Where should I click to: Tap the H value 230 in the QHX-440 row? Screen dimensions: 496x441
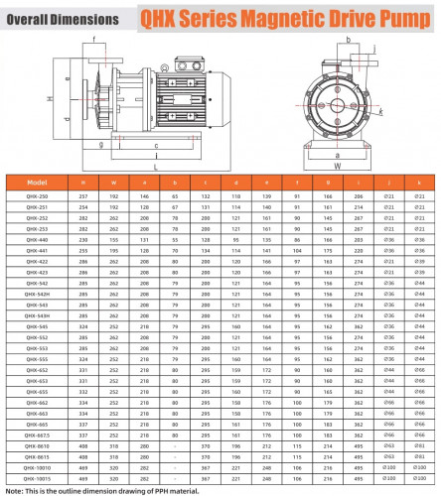(83, 239)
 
